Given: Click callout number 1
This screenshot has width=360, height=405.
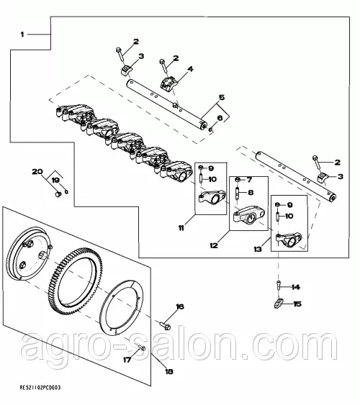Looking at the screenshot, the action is pyautogui.click(x=22, y=35).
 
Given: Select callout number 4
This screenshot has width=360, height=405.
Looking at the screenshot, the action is pyautogui.click(x=190, y=69).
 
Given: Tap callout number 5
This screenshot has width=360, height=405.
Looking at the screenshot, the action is pyautogui.click(x=222, y=97).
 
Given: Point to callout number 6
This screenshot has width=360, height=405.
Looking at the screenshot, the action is pyautogui.click(x=220, y=118).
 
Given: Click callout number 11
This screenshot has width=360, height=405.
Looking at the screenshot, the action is pyautogui.click(x=181, y=228).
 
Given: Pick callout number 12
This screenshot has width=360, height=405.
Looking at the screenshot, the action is pyautogui.click(x=214, y=245).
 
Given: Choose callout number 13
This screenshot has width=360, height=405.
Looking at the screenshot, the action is pyautogui.click(x=258, y=249).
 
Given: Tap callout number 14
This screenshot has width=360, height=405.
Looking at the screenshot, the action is pyautogui.click(x=296, y=287).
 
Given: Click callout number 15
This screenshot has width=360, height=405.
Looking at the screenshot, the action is pyautogui.click(x=297, y=304).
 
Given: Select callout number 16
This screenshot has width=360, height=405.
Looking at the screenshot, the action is pyautogui.click(x=180, y=306).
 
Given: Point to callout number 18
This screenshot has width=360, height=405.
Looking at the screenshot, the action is pyautogui.click(x=169, y=371).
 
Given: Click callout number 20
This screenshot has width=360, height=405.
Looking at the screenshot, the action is pyautogui.click(x=37, y=171).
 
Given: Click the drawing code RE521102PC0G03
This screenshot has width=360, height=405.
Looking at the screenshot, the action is pyautogui.click(x=40, y=388).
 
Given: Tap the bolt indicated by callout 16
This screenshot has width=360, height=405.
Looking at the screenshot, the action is pyautogui.click(x=165, y=325).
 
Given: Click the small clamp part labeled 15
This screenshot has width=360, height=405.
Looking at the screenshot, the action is pyautogui.click(x=277, y=303).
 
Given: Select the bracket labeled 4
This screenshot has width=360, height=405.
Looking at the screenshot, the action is pyautogui.click(x=168, y=83).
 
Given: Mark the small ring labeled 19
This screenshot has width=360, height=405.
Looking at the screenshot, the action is pyautogui.click(x=66, y=191).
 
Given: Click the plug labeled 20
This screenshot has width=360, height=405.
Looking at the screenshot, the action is pyautogui.click(x=58, y=194).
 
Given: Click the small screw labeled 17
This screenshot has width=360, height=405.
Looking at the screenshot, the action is pyautogui.click(x=141, y=347).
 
